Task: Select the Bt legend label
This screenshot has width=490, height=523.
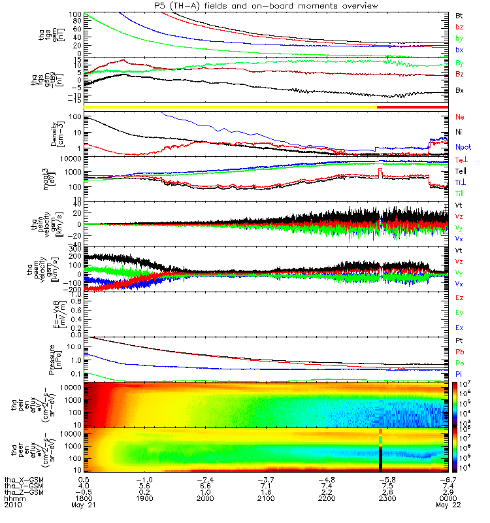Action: tap(459, 14)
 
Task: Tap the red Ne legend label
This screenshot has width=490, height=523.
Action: tap(460, 117)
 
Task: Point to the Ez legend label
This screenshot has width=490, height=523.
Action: tap(459, 298)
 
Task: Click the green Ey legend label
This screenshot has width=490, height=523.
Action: tap(459, 312)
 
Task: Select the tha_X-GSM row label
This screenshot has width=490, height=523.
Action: tap(22, 479)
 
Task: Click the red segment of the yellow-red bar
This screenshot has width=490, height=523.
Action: tap(412, 107)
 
